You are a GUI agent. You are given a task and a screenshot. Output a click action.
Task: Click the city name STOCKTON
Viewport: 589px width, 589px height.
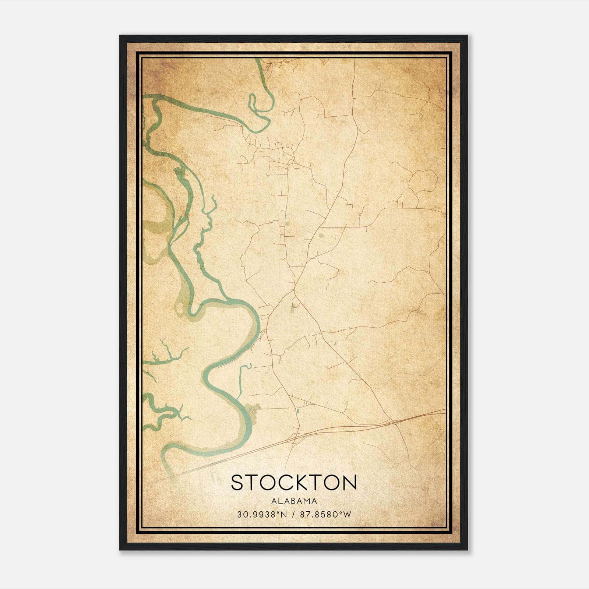pos(294,482)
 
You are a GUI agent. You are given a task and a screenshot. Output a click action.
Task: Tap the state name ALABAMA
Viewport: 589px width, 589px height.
pos(294,501)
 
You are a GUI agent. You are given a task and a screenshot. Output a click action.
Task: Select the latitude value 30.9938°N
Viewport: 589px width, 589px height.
pos(262,514)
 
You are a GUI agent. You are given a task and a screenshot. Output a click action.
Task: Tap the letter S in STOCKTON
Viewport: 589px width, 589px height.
pos(237,482)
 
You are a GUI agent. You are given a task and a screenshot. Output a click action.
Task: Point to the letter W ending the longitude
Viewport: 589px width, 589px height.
pos(348,514)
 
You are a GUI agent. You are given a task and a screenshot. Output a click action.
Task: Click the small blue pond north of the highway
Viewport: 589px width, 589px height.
pos(297,409)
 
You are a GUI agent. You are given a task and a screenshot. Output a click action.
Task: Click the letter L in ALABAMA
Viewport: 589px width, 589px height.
pos(281,501)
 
